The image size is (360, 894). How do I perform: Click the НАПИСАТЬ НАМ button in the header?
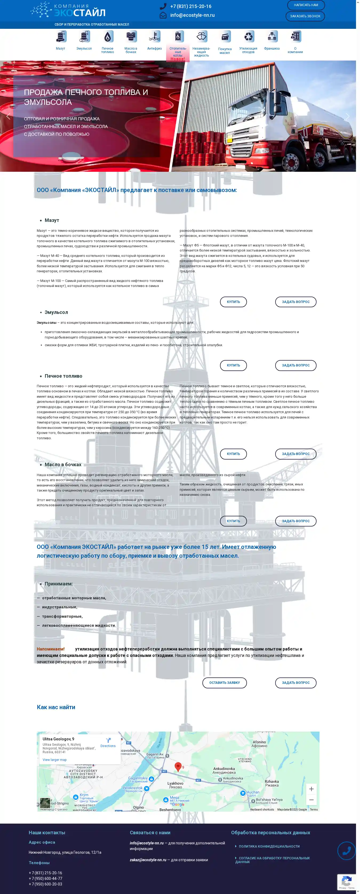tap(306, 5)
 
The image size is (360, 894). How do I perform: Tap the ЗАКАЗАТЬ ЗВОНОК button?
tap(305, 16)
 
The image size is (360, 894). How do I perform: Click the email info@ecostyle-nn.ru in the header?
tap(192, 15)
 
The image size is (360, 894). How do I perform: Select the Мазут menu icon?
tap(61, 37)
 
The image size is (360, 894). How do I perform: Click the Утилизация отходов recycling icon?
tap(248, 37)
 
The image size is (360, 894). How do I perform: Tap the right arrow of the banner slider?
tap(347, 117)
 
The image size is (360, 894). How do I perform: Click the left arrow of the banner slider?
tap(8, 117)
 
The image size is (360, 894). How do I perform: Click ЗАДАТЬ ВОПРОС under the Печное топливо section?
tap(295, 454)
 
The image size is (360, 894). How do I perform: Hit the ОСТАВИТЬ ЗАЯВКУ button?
tap(224, 683)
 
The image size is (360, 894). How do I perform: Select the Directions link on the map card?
tap(108, 743)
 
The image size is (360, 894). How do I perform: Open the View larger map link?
tap(54, 760)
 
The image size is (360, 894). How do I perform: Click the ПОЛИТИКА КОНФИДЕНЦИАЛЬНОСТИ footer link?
tap(269, 847)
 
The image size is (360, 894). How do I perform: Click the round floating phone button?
tap(346, 851)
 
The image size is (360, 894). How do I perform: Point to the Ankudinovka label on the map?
tap(224, 769)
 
